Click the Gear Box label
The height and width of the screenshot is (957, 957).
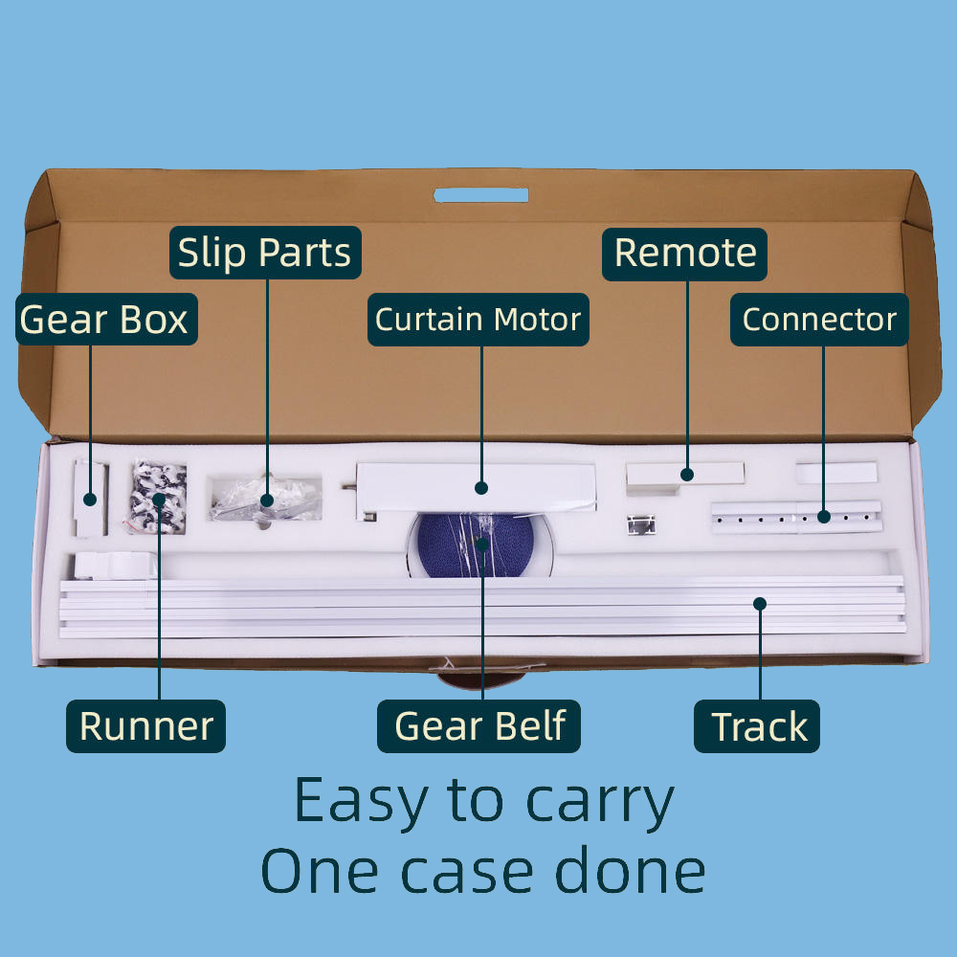[x=106, y=320]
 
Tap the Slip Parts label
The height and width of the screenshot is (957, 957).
[x=265, y=253]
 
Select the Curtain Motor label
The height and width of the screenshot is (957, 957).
[x=478, y=320]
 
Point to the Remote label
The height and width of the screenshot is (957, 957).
[x=684, y=254]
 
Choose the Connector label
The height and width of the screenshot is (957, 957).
[x=819, y=320]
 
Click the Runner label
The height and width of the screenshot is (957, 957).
[x=145, y=726]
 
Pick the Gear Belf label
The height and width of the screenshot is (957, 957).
[x=479, y=726]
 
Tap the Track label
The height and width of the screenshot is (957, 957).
[x=757, y=726]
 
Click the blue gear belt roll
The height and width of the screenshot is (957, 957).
[x=477, y=545]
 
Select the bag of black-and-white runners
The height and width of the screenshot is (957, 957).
[x=158, y=498]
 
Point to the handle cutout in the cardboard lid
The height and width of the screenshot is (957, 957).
[x=481, y=195]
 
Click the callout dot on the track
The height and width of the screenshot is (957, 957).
[x=760, y=604]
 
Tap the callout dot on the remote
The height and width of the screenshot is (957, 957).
[x=687, y=475]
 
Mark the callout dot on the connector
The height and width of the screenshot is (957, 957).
[x=824, y=517]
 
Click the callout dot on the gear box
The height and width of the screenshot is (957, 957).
[x=90, y=500]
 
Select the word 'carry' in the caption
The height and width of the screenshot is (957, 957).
[x=600, y=802]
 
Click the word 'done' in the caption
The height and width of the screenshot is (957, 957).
[x=631, y=871]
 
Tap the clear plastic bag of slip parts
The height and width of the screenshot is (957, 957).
[x=265, y=500]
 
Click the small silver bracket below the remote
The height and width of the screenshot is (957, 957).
[x=641, y=524]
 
